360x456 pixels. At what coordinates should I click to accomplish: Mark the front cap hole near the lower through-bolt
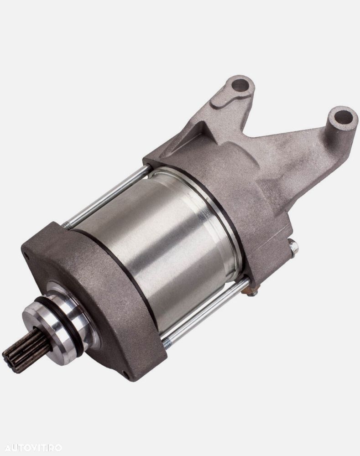point(126,373)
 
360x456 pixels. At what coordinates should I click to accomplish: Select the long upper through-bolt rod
point(110,196)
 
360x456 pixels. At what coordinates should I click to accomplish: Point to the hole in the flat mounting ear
point(240,84)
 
